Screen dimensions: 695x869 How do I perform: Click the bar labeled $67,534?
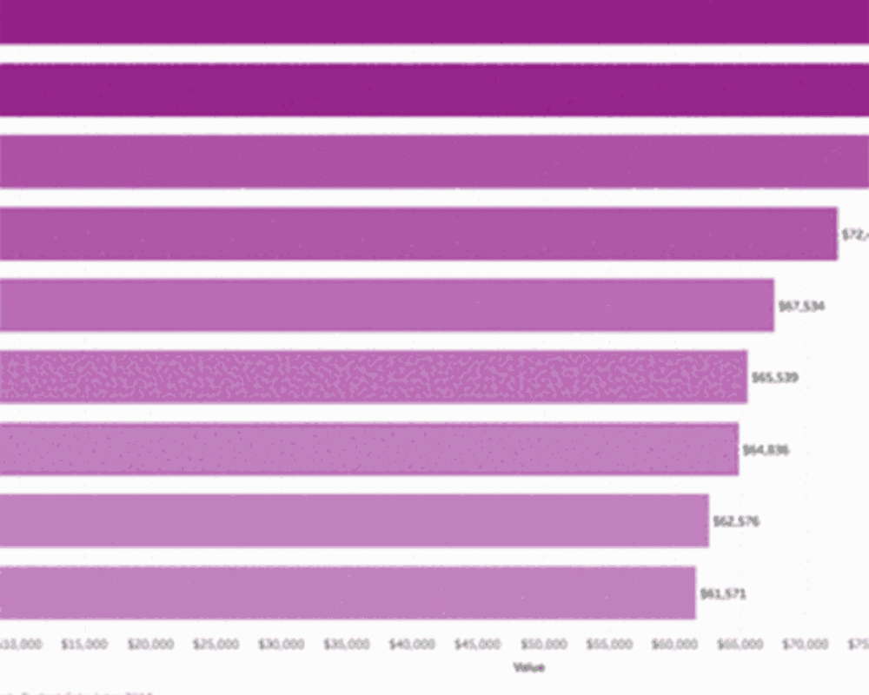(x=387, y=305)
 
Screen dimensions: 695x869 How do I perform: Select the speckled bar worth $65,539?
(x=374, y=377)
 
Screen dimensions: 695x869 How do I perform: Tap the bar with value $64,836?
(x=369, y=449)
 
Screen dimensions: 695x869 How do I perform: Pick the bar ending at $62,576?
(x=355, y=521)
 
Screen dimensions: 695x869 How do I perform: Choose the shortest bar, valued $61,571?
(x=348, y=593)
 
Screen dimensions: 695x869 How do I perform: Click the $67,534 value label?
(x=801, y=306)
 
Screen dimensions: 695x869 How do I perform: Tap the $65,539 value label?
(x=774, y=378)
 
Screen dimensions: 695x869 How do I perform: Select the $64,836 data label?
(x=766, y=450)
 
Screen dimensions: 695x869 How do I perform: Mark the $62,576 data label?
(x=735, y=522)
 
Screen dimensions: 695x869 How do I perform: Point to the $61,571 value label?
(x=722, y=594)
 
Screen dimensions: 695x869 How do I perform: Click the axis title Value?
(x=528, y=667)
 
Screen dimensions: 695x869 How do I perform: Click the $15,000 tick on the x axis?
(x=84, y=645)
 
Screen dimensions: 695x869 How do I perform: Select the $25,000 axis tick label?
(x=216, y=645)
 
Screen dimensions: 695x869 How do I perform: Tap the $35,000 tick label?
(x=346, y=645)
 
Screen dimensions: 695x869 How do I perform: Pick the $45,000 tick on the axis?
(x=477, y=645)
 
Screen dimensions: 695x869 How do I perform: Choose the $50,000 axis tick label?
(x=543, y=645)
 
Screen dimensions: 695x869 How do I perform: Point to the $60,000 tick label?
(x=674, y=645)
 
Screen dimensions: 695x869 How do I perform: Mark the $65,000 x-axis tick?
(x=740, y=645)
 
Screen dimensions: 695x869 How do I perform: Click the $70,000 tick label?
(x=805, y=645)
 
